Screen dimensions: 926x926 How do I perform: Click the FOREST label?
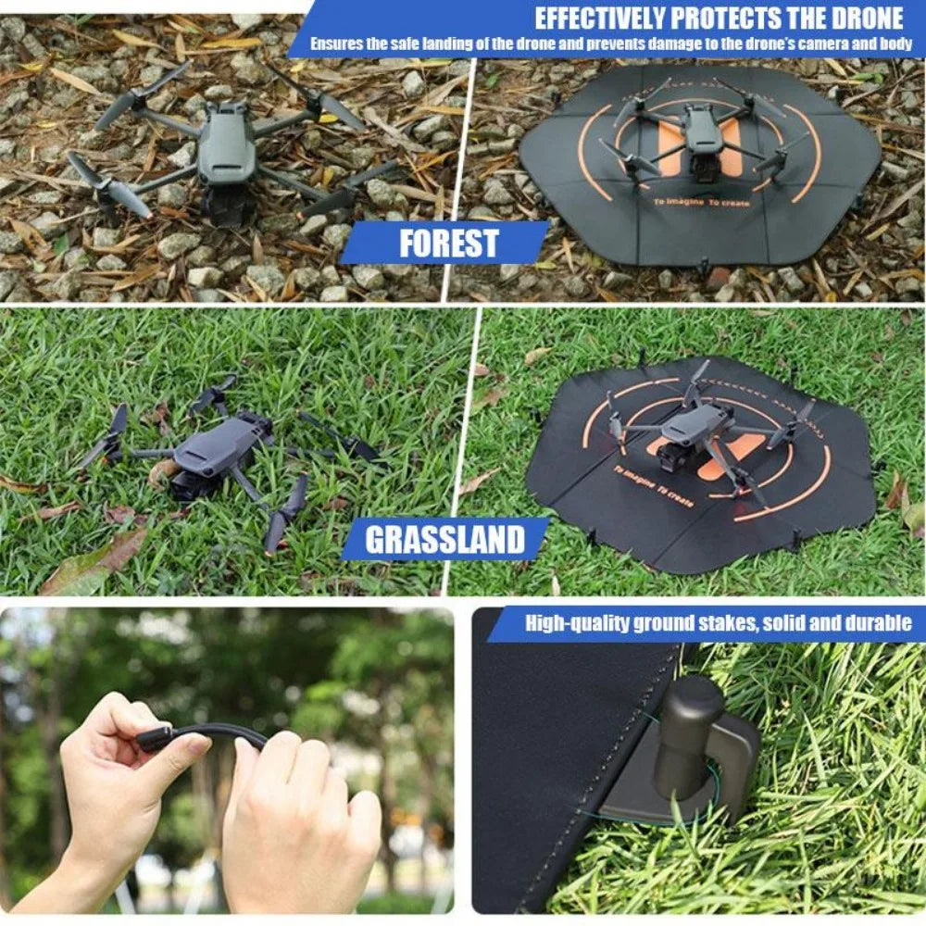(448, 243)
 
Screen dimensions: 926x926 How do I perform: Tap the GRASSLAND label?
(444, 539)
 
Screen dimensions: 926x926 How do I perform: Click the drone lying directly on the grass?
(222, 454)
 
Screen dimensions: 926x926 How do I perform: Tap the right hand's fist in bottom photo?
(296, 815)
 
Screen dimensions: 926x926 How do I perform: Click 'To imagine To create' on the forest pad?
(698, 201)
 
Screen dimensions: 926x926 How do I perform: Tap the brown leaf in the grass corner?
(93, 565)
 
